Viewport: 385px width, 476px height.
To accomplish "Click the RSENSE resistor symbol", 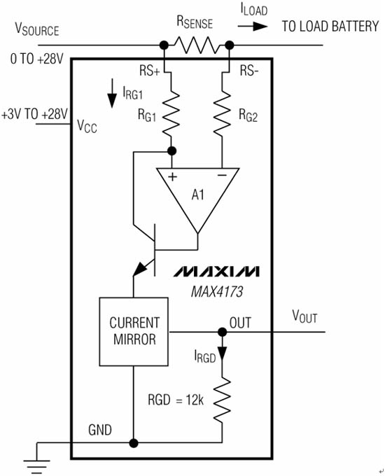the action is [x=197, y=45].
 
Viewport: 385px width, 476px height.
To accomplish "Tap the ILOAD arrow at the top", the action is [x=253, y=27].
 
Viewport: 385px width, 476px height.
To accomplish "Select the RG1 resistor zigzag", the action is [x=171, y=114].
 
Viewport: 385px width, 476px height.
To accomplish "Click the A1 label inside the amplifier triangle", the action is [x=197, y=195].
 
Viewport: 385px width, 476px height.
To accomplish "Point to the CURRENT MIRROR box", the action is [x=134, y=332].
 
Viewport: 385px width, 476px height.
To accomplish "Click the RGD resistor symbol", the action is [x=222, y=400].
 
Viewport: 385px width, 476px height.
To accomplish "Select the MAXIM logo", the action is [x=216, y=271].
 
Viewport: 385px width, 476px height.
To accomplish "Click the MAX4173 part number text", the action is [x=217, y=292].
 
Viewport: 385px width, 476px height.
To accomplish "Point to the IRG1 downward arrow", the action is [x=112, y=93].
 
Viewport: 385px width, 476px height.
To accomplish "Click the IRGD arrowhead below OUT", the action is [x=223, y=353].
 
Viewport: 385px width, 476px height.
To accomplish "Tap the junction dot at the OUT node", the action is [x=223, y=332].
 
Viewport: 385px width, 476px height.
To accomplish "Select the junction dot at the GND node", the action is [x=133, y=444].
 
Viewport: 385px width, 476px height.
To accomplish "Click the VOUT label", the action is [x=304, y=316].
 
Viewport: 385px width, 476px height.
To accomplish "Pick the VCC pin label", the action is [x=87, y=126].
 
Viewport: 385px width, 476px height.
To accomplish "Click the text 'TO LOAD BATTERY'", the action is [x=330, y=27].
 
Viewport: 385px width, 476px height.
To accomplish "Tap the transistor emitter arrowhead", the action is [x=140, y=269].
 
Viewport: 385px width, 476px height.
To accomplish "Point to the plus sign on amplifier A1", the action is [x=172, y=176].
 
